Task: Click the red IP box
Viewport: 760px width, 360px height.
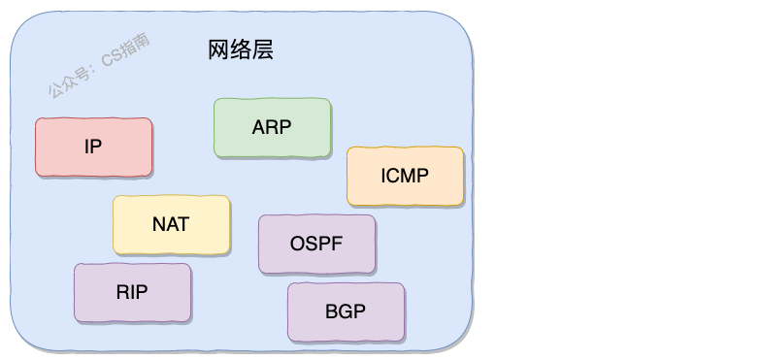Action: click(93, 147)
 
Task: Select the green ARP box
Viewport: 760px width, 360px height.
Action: click(272, 127)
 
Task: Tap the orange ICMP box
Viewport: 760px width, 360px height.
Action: click(405, 176)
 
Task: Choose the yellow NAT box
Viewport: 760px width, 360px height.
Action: click(171, 224)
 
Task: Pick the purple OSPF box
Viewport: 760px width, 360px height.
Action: click(316, 244)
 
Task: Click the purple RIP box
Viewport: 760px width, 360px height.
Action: click(132, 292)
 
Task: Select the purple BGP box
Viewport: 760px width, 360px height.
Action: click(346, 311)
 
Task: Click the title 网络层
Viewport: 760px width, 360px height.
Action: click(241, 50)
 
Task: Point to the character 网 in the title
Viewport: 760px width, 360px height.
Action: click(218, 50)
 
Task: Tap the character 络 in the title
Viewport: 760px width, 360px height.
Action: click(241, 50)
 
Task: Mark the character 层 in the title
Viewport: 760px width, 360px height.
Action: click(263, 50)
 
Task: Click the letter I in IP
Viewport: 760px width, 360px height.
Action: click(86, 147)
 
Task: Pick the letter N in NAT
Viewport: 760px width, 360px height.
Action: click(159, 224)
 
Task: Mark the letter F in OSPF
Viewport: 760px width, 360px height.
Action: click(337, 244)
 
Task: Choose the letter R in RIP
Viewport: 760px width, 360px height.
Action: click(122, 292)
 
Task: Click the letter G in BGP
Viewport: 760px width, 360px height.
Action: click(346, 311)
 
